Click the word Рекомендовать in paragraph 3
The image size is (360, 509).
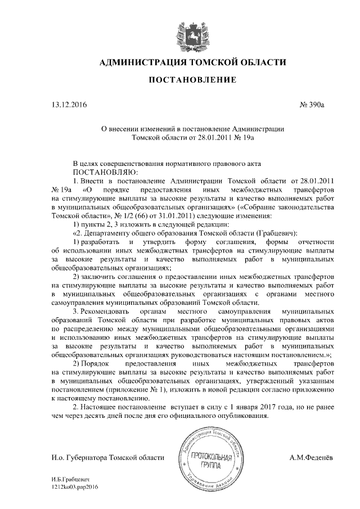click(113, 310)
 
